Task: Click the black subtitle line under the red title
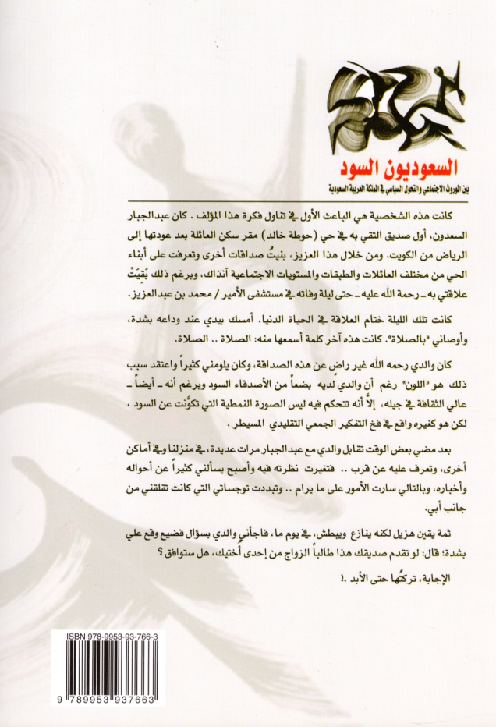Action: (x=388, y=187)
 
